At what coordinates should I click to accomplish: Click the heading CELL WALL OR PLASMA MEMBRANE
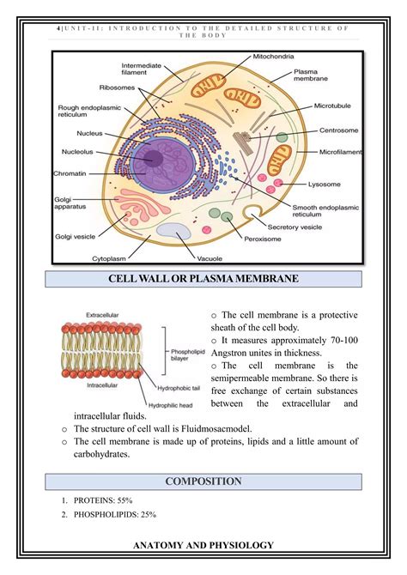[x=203, y=280]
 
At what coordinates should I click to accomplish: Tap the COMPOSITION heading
[x=203, y=481]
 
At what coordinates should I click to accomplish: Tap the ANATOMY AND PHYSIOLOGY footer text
[x=203, y=545]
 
